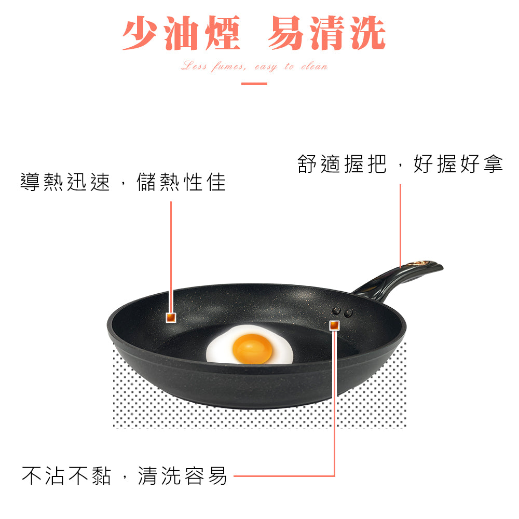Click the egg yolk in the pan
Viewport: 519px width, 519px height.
[x=252, y=348]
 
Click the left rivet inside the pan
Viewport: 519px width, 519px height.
[x=337, y=311]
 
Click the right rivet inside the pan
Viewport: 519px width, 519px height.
[x=348, y=312]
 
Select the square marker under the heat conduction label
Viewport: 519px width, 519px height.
[x=171, y=317]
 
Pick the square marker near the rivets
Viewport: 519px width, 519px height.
[x=334, y=325]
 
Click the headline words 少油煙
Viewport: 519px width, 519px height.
[x=181, y=34]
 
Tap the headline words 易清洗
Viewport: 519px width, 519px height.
[x=326, y=34]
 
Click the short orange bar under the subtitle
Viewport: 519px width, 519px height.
[x=254, y=83]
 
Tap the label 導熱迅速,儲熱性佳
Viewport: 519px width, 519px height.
[x=123, y=182]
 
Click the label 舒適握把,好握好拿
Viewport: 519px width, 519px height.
[x=400, y=164]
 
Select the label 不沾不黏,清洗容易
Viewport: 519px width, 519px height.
[x=125, y=475]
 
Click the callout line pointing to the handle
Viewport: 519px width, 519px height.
[x=400, y=223]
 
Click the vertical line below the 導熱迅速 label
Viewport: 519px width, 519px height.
[x=171, y=254]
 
